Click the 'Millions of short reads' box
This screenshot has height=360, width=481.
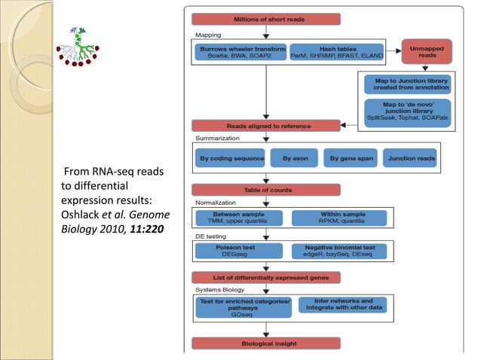coord(267,19)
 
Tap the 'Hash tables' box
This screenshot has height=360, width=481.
coord(336,51)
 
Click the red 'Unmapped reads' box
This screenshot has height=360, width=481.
coord(426,50)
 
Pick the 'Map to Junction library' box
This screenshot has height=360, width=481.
coord(408,84)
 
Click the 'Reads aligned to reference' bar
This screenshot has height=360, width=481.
coord(267,126)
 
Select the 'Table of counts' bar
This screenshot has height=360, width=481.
coord(267,190)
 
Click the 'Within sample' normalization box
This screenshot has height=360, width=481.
coord(339,218)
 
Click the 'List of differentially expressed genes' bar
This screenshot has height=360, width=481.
coord(267,277)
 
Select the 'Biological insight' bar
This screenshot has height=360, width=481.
coord(267,343)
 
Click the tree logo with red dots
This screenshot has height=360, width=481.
coord(78,46)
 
